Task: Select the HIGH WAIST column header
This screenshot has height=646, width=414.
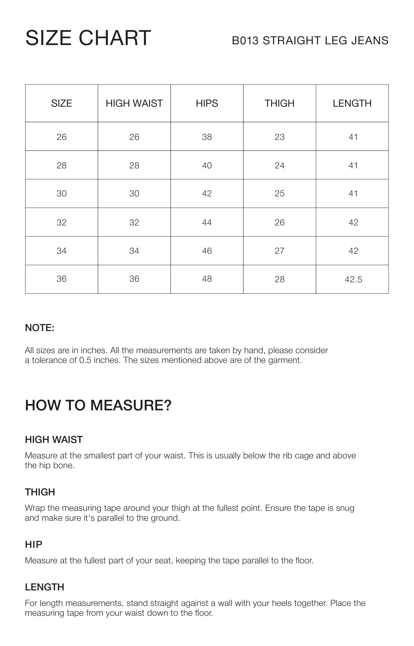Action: click(134, 103)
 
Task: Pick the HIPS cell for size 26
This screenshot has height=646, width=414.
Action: click(207, 137)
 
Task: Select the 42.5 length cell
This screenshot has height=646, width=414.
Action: click(353, 280)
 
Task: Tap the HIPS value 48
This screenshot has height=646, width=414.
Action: click(207, 279)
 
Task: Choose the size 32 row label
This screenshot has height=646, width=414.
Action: click(62, 222)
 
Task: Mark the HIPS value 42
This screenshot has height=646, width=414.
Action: click(207, 194)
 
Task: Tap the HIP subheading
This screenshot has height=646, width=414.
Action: click(34, 544)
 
